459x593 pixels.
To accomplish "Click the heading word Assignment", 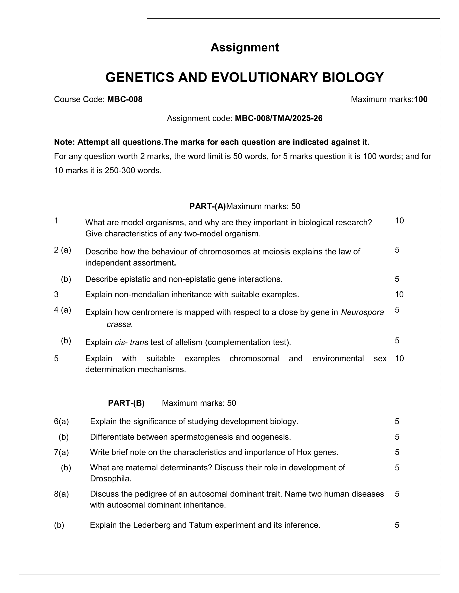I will [244, 47].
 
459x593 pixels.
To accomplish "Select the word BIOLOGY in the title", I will [353, 77].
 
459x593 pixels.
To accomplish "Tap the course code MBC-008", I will [125, 99].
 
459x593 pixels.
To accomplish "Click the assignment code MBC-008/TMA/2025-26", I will [278, 118].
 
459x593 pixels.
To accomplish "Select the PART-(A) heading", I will [207, 206].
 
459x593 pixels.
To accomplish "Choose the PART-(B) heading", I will [126, 403].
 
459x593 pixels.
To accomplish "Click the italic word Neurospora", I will [362, 312].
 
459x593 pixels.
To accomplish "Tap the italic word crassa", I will [120, 324].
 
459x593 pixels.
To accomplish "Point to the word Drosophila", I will [111, 479].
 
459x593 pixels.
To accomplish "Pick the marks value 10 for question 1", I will [399, 221].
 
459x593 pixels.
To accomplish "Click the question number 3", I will [56, 295].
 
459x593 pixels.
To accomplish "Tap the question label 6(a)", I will [62, 421].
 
